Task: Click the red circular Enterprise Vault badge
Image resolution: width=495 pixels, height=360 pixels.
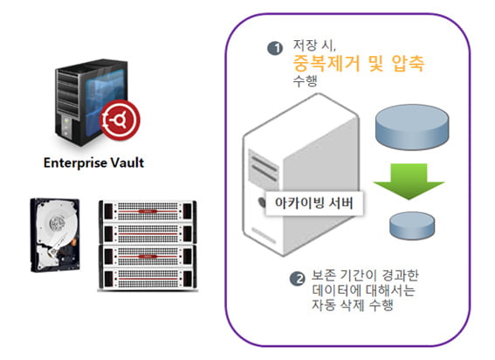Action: [x=120, y=120]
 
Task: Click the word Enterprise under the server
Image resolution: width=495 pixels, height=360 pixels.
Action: [x=75, y=163]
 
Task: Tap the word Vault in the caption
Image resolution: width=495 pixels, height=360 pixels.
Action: [x=127, y=163]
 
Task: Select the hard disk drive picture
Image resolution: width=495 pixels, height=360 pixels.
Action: [x=55, y=235]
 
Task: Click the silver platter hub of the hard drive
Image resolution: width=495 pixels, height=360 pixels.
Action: [x=58, y=224]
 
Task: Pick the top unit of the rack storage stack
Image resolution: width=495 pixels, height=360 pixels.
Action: [x=148, y=211]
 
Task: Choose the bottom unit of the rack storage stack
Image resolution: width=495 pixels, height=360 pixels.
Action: [x=148, y=279]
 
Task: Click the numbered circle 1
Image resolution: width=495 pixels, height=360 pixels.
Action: [x=275, y=48]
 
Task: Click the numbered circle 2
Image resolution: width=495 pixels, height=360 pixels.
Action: [x=298, y=279]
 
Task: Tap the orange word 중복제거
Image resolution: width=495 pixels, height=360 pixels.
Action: [x=327, y=63]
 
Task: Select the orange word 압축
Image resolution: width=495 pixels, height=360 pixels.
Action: [x=408, y=63]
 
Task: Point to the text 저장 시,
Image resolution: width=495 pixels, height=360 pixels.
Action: [x=314, y=45]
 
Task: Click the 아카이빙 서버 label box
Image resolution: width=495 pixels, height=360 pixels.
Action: [x=313, y=203]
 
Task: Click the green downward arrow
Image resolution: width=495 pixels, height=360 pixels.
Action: [x=409, y=182]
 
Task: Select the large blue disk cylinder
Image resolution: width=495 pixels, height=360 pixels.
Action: [x=412, y=127]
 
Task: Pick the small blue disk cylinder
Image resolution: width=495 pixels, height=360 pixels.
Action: [x=412, y=225]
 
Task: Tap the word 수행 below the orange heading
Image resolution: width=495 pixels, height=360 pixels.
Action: [x=305, y=81]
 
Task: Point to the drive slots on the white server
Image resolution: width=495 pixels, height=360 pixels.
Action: [x=264, y=165]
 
